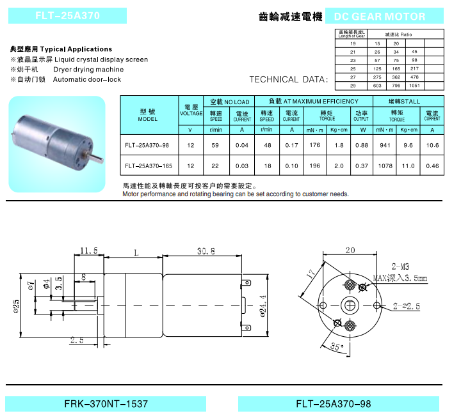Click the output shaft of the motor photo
pos(97,154)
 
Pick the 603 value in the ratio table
pos(377,86)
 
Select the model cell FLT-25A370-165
pos(148,166)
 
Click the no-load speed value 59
pos(216,145)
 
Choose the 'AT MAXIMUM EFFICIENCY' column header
pos(313,102)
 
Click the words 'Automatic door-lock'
pos(86,80)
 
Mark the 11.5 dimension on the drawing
pos(88,250)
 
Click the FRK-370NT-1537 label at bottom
pos(106,405)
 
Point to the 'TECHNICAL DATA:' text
pos(288,80)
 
